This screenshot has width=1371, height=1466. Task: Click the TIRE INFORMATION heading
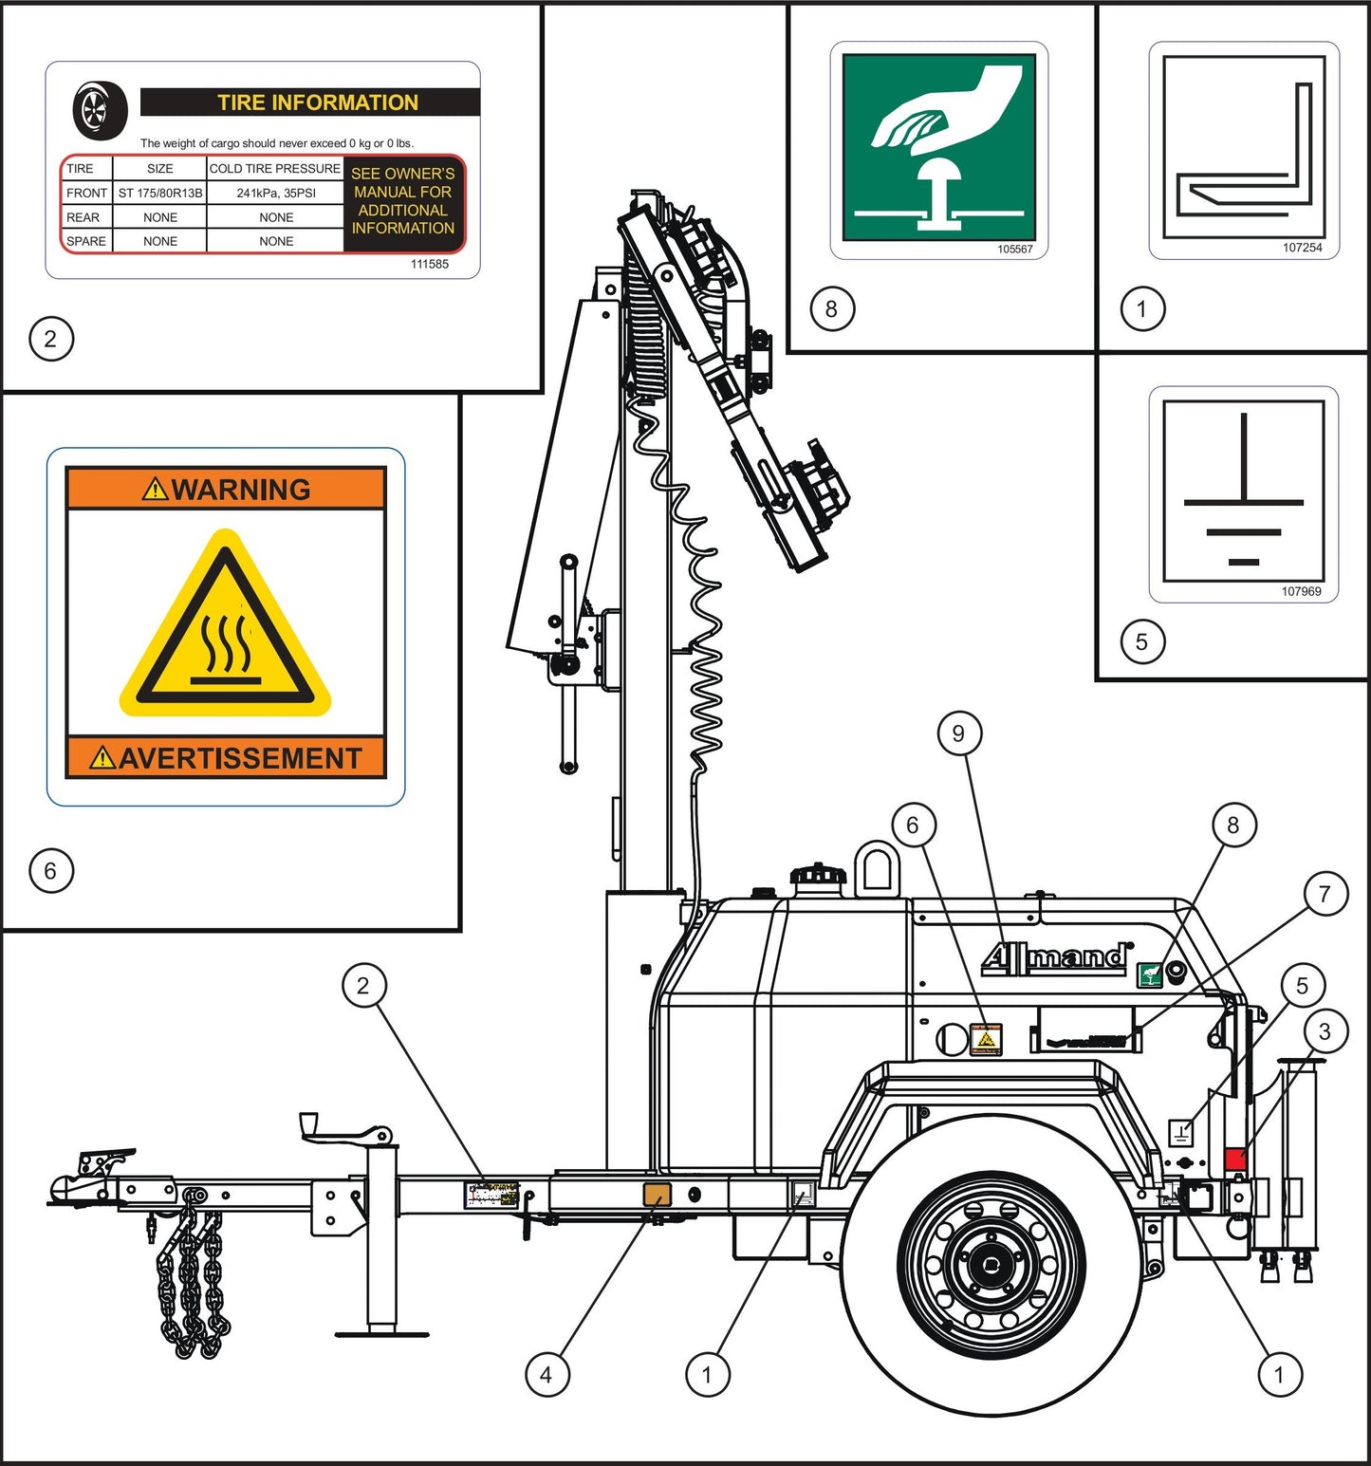pos(317,102)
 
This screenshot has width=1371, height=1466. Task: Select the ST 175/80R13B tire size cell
pos(160,193)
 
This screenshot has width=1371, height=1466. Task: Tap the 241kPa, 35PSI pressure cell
pos(276,193)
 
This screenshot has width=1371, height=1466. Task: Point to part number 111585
pos(429,264)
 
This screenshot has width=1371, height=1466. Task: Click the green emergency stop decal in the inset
pos(938,147)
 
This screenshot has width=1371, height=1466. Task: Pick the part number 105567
pos(1014,250)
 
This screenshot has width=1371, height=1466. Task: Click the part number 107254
pos(1302,248)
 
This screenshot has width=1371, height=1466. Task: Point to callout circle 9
pos(958,733)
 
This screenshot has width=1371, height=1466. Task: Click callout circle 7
pos(1325,894)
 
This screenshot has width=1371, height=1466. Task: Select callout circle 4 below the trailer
pos(547,1374)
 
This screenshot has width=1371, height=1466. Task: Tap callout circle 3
pos(1325,1031)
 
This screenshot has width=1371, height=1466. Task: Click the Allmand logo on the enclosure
pos(1056,957)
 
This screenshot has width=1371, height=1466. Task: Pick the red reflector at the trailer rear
pos(1235,1159)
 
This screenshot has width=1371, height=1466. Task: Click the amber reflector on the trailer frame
pos(657,1195)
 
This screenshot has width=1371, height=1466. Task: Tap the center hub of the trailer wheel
pos(991,1265)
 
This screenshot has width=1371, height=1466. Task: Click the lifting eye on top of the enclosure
pos(877,867)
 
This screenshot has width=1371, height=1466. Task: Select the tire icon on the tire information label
pos(100,110)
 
